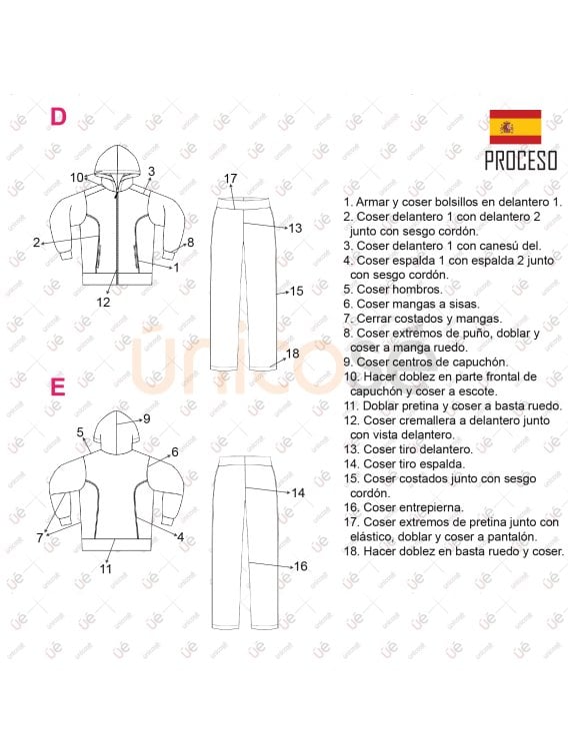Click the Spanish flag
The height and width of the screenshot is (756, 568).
click(x=515, y=127)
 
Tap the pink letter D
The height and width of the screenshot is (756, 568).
click(x=59, y=116)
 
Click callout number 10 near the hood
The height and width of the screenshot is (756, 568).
click(x=77, y=178)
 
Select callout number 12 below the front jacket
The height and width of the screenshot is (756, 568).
click(x=104, y=302)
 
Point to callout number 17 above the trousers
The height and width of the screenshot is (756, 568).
click(x=230, y=179)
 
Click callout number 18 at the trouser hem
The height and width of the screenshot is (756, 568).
click(x=292, y=354)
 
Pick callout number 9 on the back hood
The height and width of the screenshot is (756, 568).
click(x=146, y=418)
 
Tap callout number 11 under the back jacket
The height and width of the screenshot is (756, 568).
click(x=105, y=568)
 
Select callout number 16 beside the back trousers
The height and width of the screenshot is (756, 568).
click(x=299, y=566)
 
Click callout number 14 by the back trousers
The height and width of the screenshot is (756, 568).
click(x=298, y=492)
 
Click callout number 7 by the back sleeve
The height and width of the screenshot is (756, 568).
click(x=40, y=537)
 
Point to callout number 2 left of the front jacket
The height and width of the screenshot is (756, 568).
click(x=36, y=242)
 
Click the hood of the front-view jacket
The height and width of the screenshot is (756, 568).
click(x=118, y=163)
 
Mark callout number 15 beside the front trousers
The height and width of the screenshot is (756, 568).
click(x=296, y=292)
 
